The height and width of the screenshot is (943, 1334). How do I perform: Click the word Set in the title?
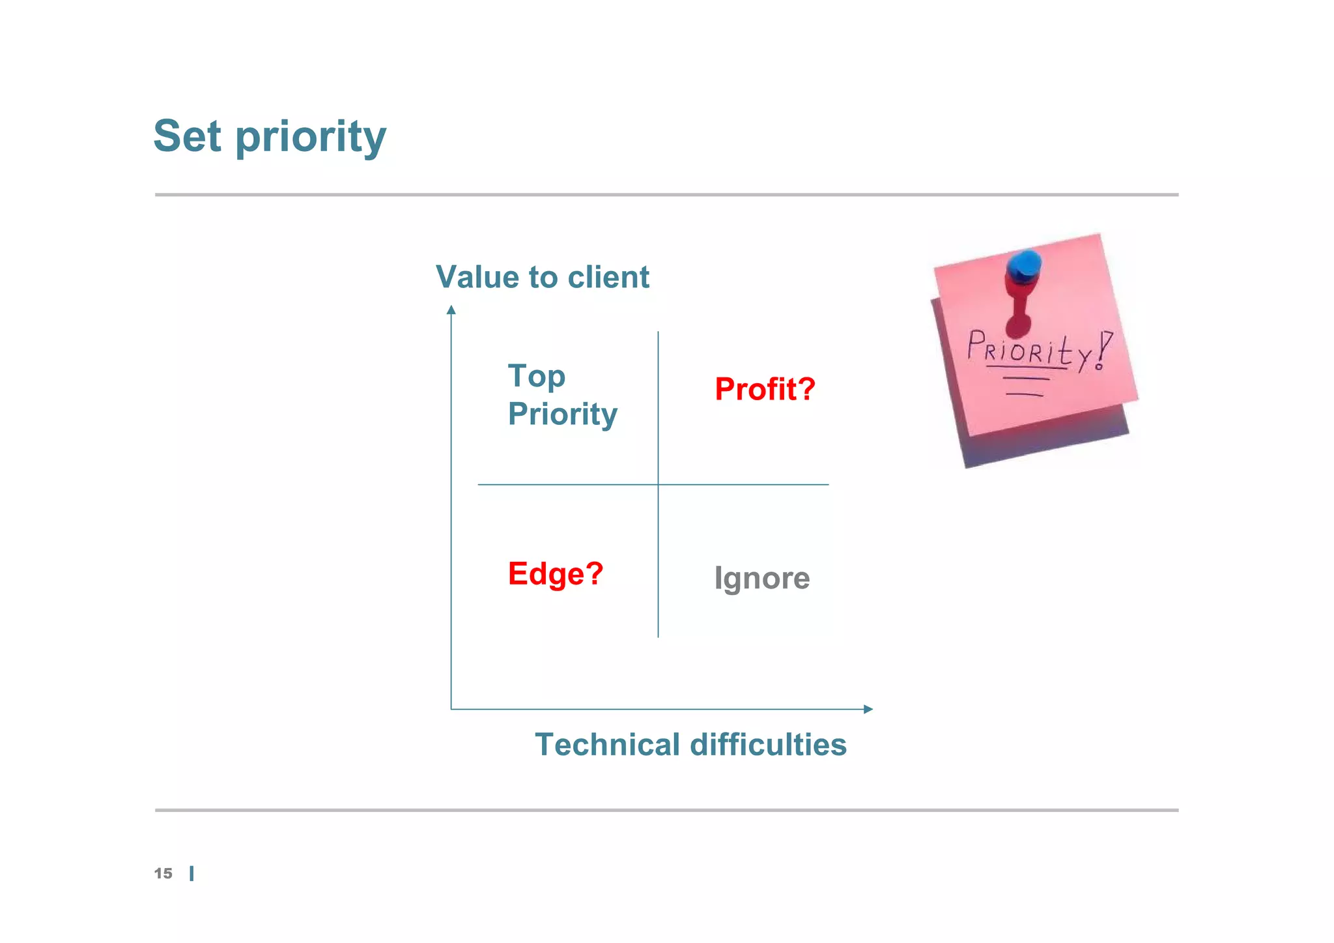[188, 136]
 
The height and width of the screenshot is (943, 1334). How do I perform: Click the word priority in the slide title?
[311, 138]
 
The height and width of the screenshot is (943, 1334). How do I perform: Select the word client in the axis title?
[608, 277]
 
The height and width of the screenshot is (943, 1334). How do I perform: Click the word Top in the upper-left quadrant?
[536, 377]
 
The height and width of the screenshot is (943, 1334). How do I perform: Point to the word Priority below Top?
[562, 414]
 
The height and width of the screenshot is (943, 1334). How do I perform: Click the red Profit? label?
[765, 389]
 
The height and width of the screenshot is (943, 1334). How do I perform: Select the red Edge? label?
[556, 574]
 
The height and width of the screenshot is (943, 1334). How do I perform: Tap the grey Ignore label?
[761, 578]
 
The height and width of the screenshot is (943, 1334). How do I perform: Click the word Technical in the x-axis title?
[607, 744]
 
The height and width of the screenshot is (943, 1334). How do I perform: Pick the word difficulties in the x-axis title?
[768, 744]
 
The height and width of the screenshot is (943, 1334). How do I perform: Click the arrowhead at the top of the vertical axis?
[451, 310]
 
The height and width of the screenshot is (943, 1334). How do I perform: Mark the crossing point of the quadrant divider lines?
[658, 484]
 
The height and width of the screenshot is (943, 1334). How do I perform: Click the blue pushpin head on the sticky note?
[1023, 265]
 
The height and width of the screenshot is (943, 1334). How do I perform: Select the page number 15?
[163, 873]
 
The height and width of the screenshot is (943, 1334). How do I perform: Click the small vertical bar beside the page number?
[192, 873]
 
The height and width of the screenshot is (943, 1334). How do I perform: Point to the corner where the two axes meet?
[451, 709]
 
